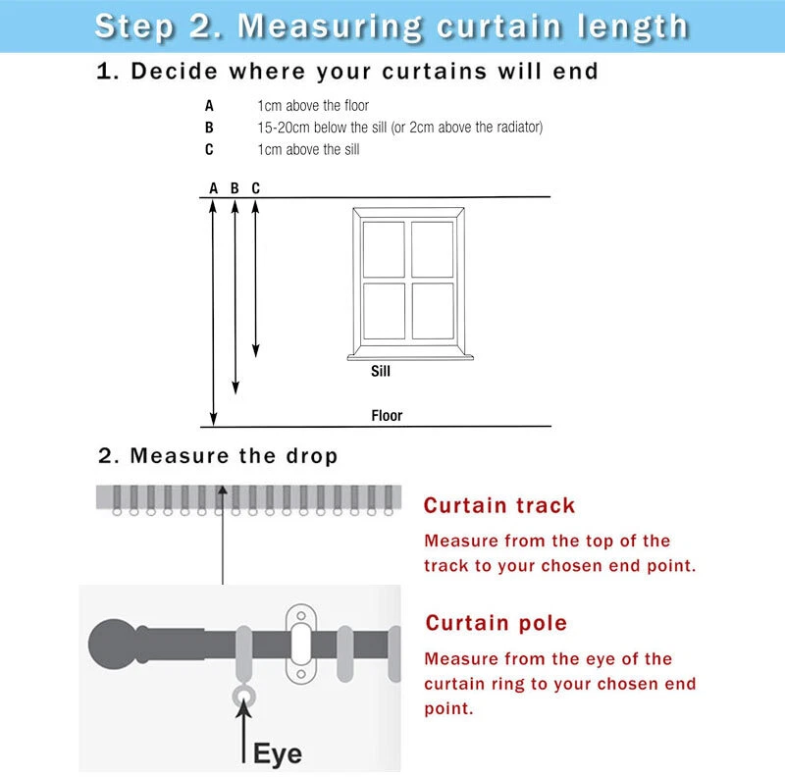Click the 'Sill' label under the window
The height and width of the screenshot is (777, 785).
(381, 371)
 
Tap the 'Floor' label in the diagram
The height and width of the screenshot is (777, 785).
(387, 416)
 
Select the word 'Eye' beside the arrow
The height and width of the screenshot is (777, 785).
(278, 753)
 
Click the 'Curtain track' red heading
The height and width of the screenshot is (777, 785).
(499, 505)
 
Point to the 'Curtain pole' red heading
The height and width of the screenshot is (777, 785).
(497, 623)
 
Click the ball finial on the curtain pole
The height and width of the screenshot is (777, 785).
(113, 645)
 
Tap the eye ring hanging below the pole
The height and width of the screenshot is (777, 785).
(243, 697)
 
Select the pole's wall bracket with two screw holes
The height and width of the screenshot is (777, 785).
(301, 645)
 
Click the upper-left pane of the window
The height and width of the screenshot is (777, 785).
(384, 249)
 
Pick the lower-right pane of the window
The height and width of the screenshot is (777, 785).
(433, 311)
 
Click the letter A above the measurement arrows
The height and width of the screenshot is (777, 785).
(213, 188)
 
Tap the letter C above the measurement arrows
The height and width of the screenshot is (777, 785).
(256, 188)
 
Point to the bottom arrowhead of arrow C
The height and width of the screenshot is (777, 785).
(256, 351)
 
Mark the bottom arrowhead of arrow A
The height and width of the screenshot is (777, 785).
(213, 420)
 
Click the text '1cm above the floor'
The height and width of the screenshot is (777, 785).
(313, 106)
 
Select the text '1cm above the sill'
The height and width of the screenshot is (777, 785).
(308, 149)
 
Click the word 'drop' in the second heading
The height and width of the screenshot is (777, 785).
(311, 456)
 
